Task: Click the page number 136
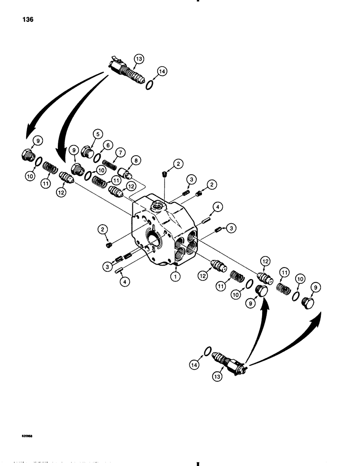click(26, 20)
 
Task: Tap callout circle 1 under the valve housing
click(175, 276)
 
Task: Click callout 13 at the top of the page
click(139, 59)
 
